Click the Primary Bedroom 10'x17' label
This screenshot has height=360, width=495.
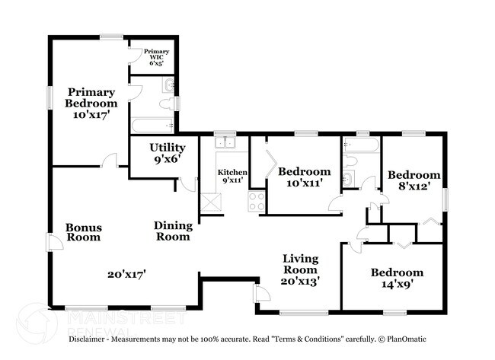tap(91, 103)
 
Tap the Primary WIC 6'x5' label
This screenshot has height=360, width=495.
tap(157, 57)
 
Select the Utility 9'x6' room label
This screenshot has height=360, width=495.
tap(168, 154)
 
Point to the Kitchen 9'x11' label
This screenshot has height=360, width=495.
tap(232, 177)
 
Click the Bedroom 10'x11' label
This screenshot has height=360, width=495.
tap(304, 177)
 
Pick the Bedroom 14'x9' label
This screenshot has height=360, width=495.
tap(397, 279)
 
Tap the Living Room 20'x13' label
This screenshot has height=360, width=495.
tap(301, 269)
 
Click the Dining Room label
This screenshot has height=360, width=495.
tap(173, 231)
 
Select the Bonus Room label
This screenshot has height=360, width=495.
tap(84, 232)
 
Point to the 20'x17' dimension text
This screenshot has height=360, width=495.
tap(126, 274)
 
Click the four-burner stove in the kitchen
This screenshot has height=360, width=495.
tap(256, 202)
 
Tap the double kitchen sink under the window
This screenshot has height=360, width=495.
tap(226, 142)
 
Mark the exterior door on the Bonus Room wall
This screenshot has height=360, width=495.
tap(53, 242)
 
